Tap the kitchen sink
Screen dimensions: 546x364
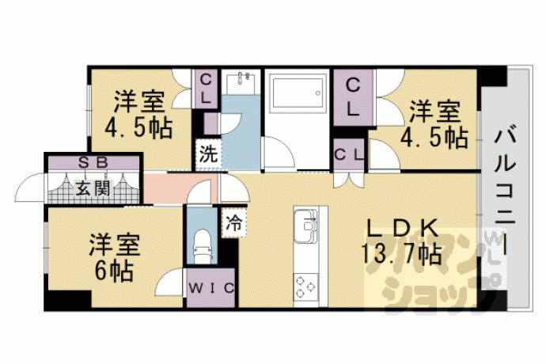[x=306, y=226]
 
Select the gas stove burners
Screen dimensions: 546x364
[x=306, y=286]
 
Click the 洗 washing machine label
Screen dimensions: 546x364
[x=208, y=154]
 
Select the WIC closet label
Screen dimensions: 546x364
[x=211, y=288]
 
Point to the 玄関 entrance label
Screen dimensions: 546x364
[x=93, y=188]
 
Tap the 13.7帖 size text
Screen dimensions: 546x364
[x=400, y=253]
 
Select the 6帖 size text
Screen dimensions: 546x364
[x=114, y=271]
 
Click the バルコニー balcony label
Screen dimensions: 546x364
[x=505, y=189]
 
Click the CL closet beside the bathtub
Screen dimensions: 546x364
[x=353, y=97]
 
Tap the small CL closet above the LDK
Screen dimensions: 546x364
[x=349, y=154]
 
